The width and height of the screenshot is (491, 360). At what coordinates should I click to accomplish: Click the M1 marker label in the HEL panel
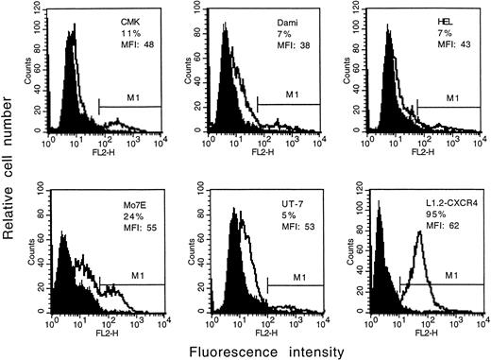(451, 98)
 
